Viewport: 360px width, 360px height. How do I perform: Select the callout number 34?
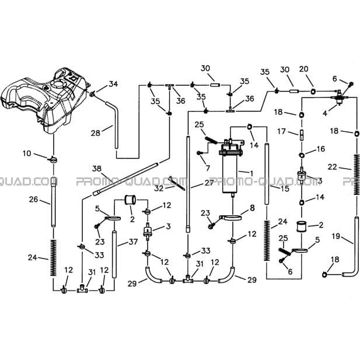coord(113,84)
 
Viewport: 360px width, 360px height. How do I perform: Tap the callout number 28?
coord(96,133)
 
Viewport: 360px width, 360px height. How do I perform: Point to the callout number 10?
coord(27,153)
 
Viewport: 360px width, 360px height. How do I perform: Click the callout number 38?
coord(97,169)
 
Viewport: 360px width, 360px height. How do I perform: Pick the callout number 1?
coord(251,173)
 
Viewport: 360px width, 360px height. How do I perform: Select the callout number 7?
coord(208,168)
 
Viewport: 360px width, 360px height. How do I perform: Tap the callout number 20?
coord(303,69)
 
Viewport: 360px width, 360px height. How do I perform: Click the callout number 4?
coord(324,113)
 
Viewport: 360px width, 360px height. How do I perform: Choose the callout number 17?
coord(281,131)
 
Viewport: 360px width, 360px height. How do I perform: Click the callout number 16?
coord(321,149)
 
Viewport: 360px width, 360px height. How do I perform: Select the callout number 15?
coord(285,188)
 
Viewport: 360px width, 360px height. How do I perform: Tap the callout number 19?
coord(336,236)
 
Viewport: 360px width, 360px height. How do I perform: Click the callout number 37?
coord(133,242)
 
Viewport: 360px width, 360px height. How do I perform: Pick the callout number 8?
coord(252,208)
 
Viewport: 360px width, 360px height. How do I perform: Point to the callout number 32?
coord(159,188)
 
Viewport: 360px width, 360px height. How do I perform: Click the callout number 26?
coord(33,200)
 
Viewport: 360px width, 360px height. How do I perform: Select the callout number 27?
coord(209,183)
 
